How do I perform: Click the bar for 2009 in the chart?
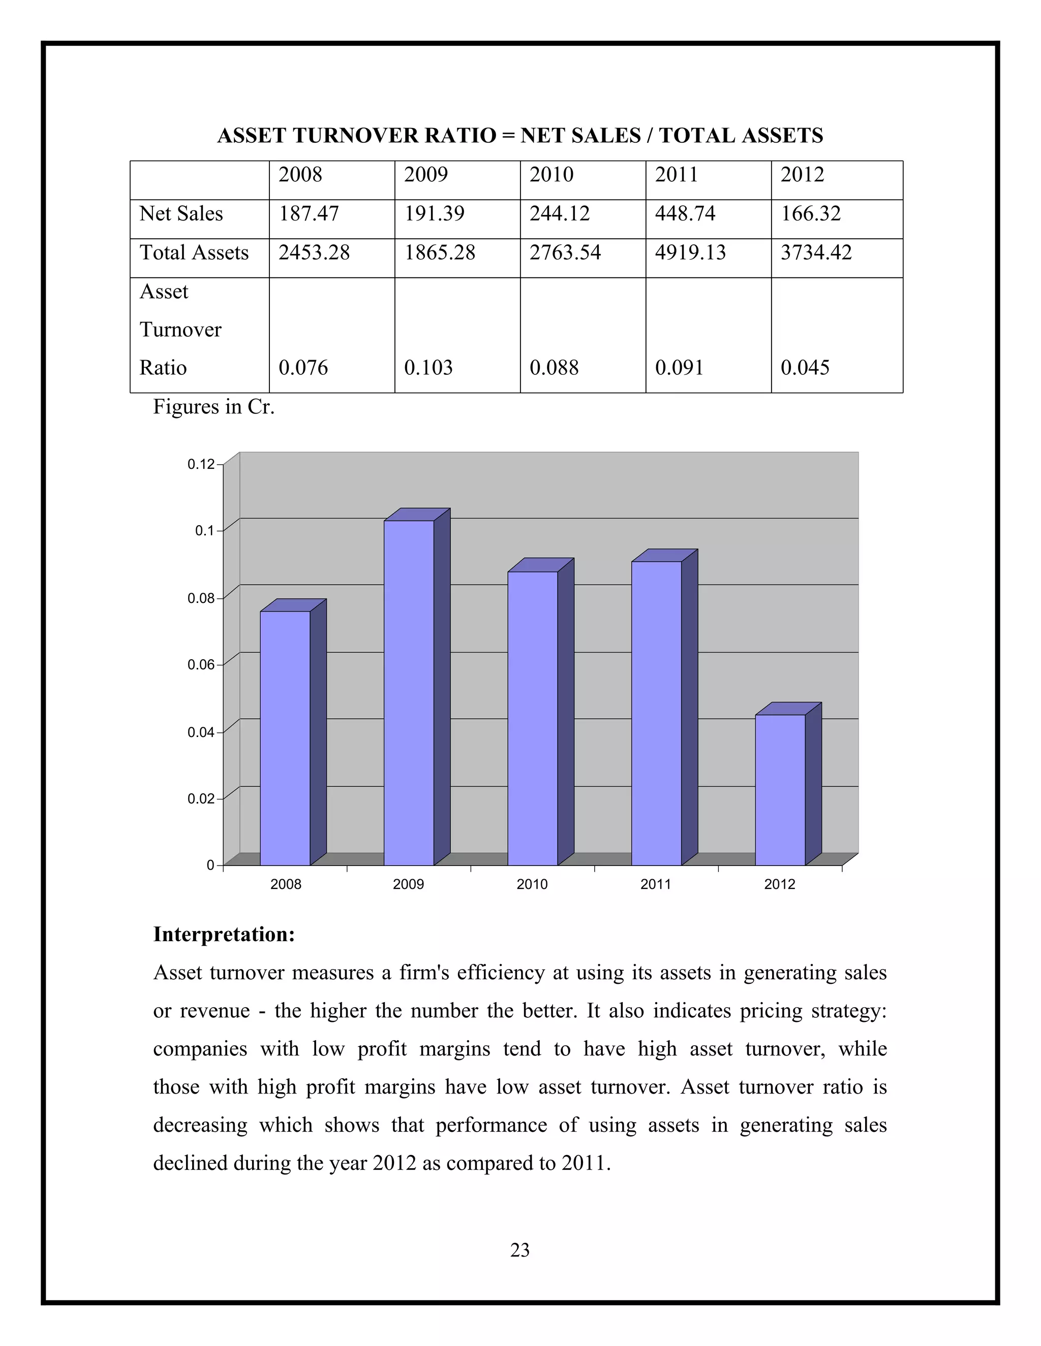(x=409, y=693)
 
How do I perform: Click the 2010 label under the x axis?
(x=532, y=884)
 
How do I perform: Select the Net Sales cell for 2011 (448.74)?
(x=685, y=214)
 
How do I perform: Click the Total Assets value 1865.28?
(x=439, y=252)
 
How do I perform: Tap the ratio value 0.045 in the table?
(x=805, y=368)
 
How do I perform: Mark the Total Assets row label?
(x=194, y=252)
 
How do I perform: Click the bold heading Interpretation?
(x=224, y=934)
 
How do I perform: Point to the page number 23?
(x=520, y=1250)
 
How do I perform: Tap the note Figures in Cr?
(x=213, y=407)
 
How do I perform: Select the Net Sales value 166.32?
(x=810, y=214)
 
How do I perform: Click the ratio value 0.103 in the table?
(x=428, y=368)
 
